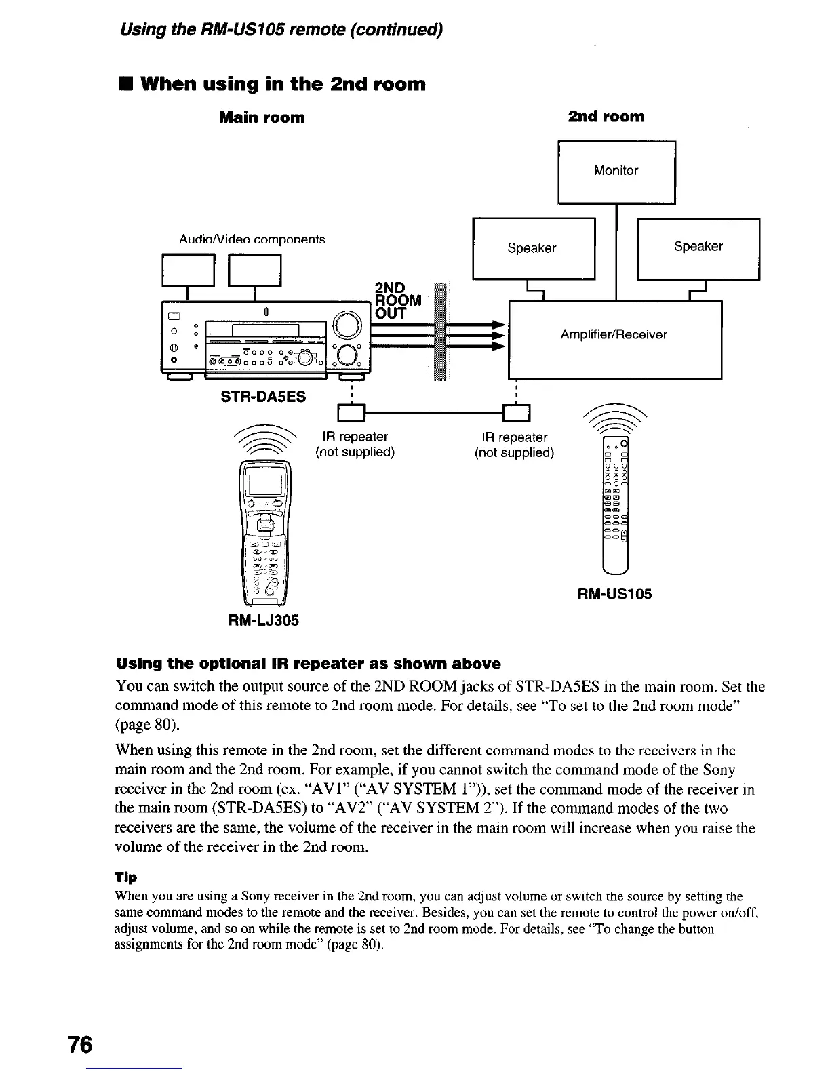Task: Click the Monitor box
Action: pyautogui.click(x=616, y=171)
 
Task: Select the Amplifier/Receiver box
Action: pyautogui.click(x=614, y=339)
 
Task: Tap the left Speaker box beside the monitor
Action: pyautogui.click(x=533, y=248)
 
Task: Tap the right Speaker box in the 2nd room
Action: pyautogui.click(x=698, y=248)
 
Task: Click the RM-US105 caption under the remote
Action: pyautogui.click(x=614, y=595)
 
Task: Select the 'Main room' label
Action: pyautogui.click(x=262, y=118)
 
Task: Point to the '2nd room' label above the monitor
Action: pyautogui.click(x=606, y=117)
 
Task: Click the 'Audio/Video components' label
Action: pyautogui.click(x=252, y=239)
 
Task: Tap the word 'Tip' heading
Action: pyautogui.click(x=126, y=877)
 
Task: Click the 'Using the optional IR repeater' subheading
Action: pyautogui.click(x=309, y=663)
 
